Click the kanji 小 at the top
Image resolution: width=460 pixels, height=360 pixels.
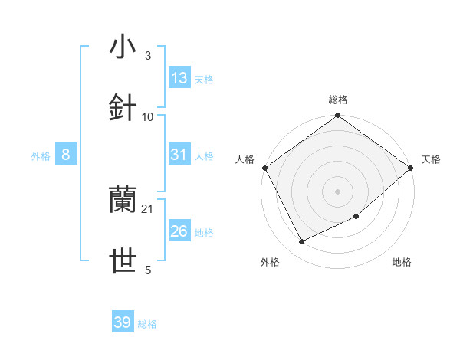[x=123, y=47]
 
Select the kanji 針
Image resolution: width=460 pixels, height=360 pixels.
[x=123, y=108]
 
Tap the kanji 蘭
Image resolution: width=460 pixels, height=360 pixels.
[x=123, y=201]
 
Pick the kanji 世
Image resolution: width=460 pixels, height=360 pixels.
[x=123, y=261]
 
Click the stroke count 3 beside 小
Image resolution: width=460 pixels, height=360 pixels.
[x=147, y=56]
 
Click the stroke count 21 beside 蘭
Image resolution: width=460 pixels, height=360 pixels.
[x=148, y=209]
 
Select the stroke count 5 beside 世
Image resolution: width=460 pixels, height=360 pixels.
[x=148, y=270]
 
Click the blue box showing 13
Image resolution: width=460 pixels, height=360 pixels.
[x=179, y=78]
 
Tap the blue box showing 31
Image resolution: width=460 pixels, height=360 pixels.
[x=179, y=155]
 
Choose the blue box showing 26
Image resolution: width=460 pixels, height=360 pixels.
[x=179, y=231]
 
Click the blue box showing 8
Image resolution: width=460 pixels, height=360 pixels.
[x=66, y=155]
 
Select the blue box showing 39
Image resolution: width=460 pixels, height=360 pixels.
[x=123, y=322]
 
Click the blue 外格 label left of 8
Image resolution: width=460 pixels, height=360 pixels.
[x=41, y=156]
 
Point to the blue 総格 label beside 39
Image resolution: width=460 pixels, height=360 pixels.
[x=147, y=324]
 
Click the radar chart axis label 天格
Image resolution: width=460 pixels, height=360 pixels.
[x=431, y=159]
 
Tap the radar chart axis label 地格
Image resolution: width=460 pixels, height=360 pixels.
[x=402, y=262]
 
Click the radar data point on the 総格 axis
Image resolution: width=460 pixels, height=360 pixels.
[x=337, y=116]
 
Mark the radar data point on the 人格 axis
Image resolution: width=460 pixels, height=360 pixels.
[x=264, y=168]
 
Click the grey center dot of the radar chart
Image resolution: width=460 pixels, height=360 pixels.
[x=337, y=191]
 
